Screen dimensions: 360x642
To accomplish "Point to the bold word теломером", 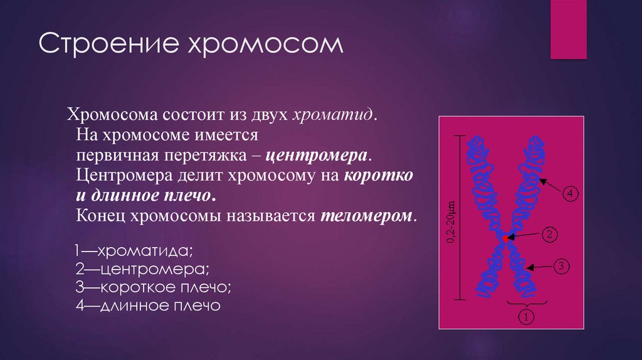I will click(367, 216).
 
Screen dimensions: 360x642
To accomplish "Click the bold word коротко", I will click(378, 176).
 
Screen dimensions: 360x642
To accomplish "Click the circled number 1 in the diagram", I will click(525, 317).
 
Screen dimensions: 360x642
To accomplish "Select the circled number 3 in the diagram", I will click(561, 267).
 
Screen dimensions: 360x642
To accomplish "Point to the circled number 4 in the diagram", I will click(570, 194).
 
